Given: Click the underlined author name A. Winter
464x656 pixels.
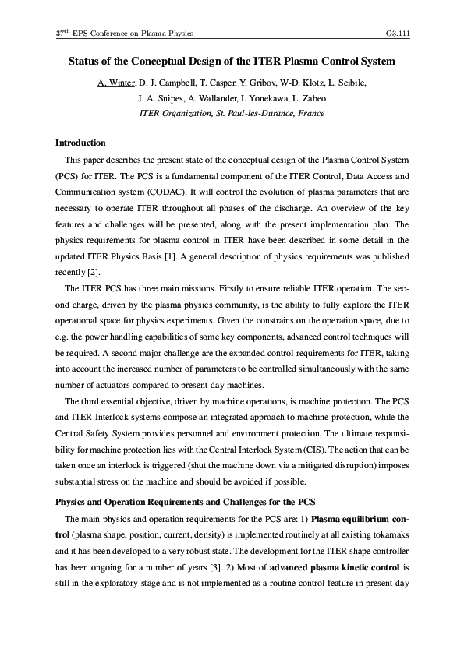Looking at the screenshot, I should pyautogui.click(x=116, y=83).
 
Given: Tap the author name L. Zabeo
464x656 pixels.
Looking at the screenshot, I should pyautogui.click(x=307, y=98).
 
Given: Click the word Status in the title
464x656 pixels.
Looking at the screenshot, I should pyautogui.click(x=84, y=60).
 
